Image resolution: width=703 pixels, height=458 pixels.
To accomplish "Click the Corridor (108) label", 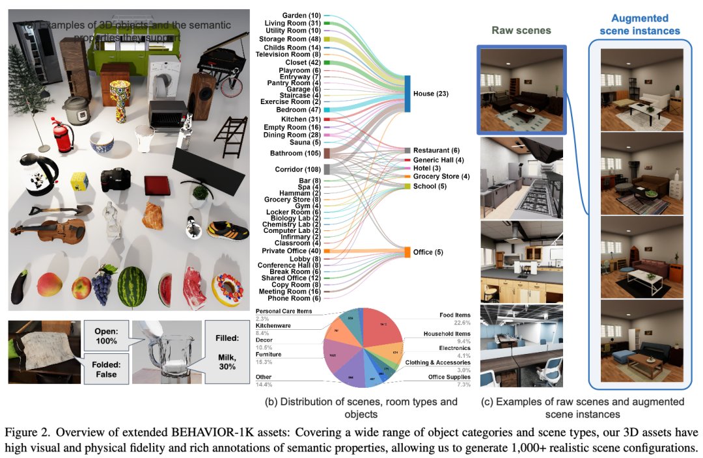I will coord(294,169).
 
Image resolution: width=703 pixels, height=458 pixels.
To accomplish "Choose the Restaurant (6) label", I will coord(437,150).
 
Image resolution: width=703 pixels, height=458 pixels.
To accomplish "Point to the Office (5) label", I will coord(428,252).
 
